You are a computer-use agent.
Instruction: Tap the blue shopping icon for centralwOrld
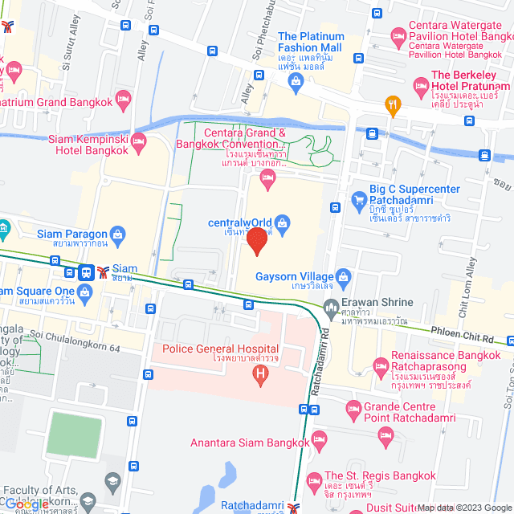pos(282,222)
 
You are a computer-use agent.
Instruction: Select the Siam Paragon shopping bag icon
pos(118,235)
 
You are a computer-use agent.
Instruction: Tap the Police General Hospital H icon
pos(260,375)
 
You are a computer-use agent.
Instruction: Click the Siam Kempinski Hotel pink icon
pos(138,144)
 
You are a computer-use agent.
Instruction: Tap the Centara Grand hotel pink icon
pos(268,185)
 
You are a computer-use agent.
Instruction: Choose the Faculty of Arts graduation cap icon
pos(112,483)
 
